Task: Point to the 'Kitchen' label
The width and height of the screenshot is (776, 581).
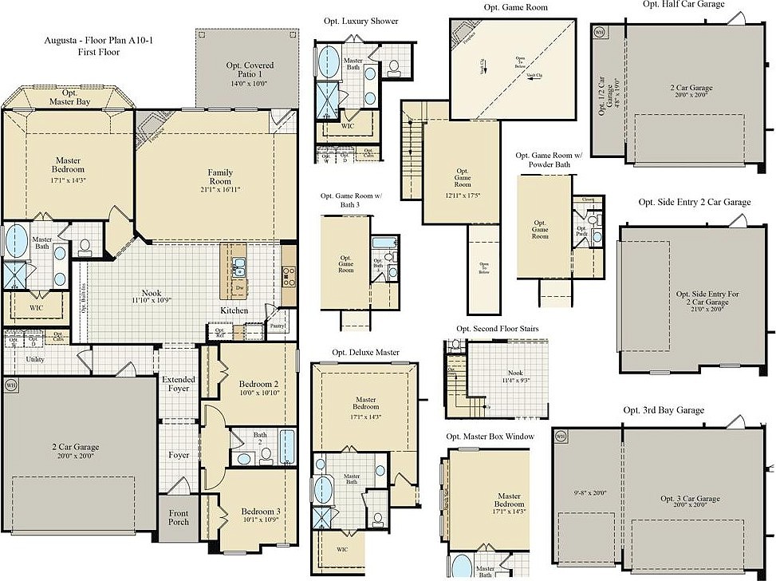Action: (234, 310)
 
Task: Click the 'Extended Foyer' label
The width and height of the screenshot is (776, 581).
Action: (179, 385)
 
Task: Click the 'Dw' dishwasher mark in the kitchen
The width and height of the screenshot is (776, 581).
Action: (239, 288)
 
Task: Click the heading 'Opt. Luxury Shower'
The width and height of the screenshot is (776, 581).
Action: (360, 21)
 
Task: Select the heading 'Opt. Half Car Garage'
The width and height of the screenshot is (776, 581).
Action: (683, 5)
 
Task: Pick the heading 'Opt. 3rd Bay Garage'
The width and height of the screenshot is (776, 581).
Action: (664, 410)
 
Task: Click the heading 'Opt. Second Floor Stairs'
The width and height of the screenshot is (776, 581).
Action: (497, 329)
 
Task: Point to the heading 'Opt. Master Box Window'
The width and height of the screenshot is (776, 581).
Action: (490, 437)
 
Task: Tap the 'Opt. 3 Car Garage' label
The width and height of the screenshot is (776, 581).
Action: (690, 499)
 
